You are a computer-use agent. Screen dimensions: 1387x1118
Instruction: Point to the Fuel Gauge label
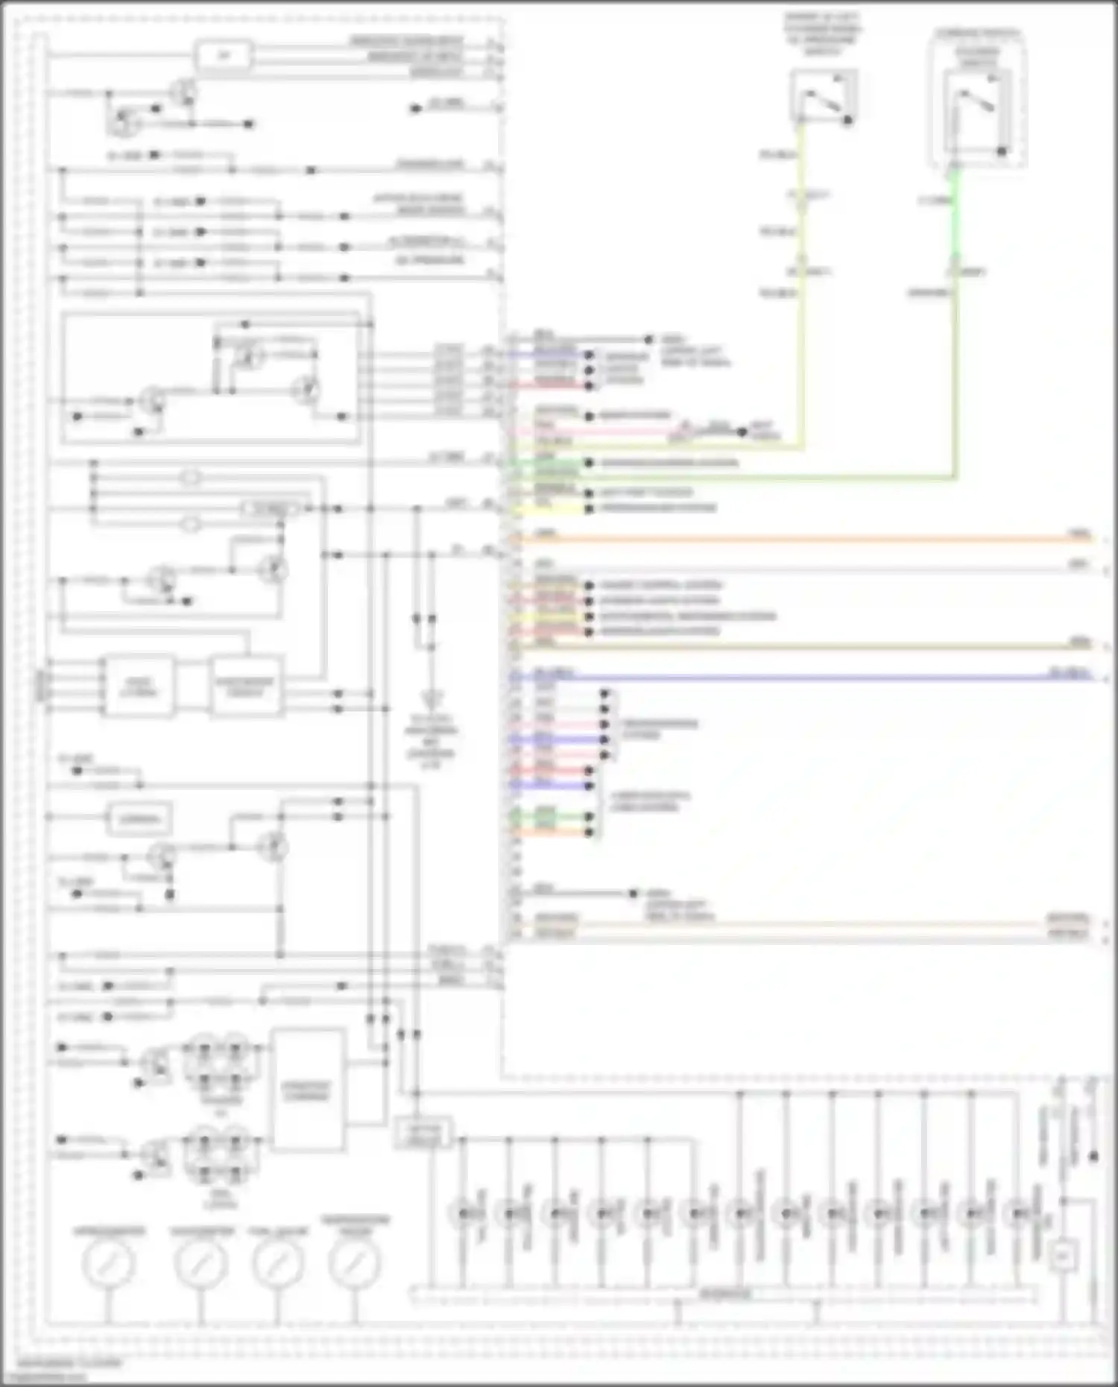coord(279,1231)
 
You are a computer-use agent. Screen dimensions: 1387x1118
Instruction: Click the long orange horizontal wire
coord(805,538)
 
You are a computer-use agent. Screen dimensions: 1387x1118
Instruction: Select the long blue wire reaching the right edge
coord(805,677)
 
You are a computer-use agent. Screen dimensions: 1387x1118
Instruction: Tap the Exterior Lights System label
coord(660,601)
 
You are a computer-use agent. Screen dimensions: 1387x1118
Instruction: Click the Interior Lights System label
coord(660,631)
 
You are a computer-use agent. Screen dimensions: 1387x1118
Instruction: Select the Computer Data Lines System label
coord(650,801)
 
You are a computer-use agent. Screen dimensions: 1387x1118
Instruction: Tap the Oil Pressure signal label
coord(429,260)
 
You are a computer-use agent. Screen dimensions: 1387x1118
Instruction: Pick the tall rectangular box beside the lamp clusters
coord(308,1090)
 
